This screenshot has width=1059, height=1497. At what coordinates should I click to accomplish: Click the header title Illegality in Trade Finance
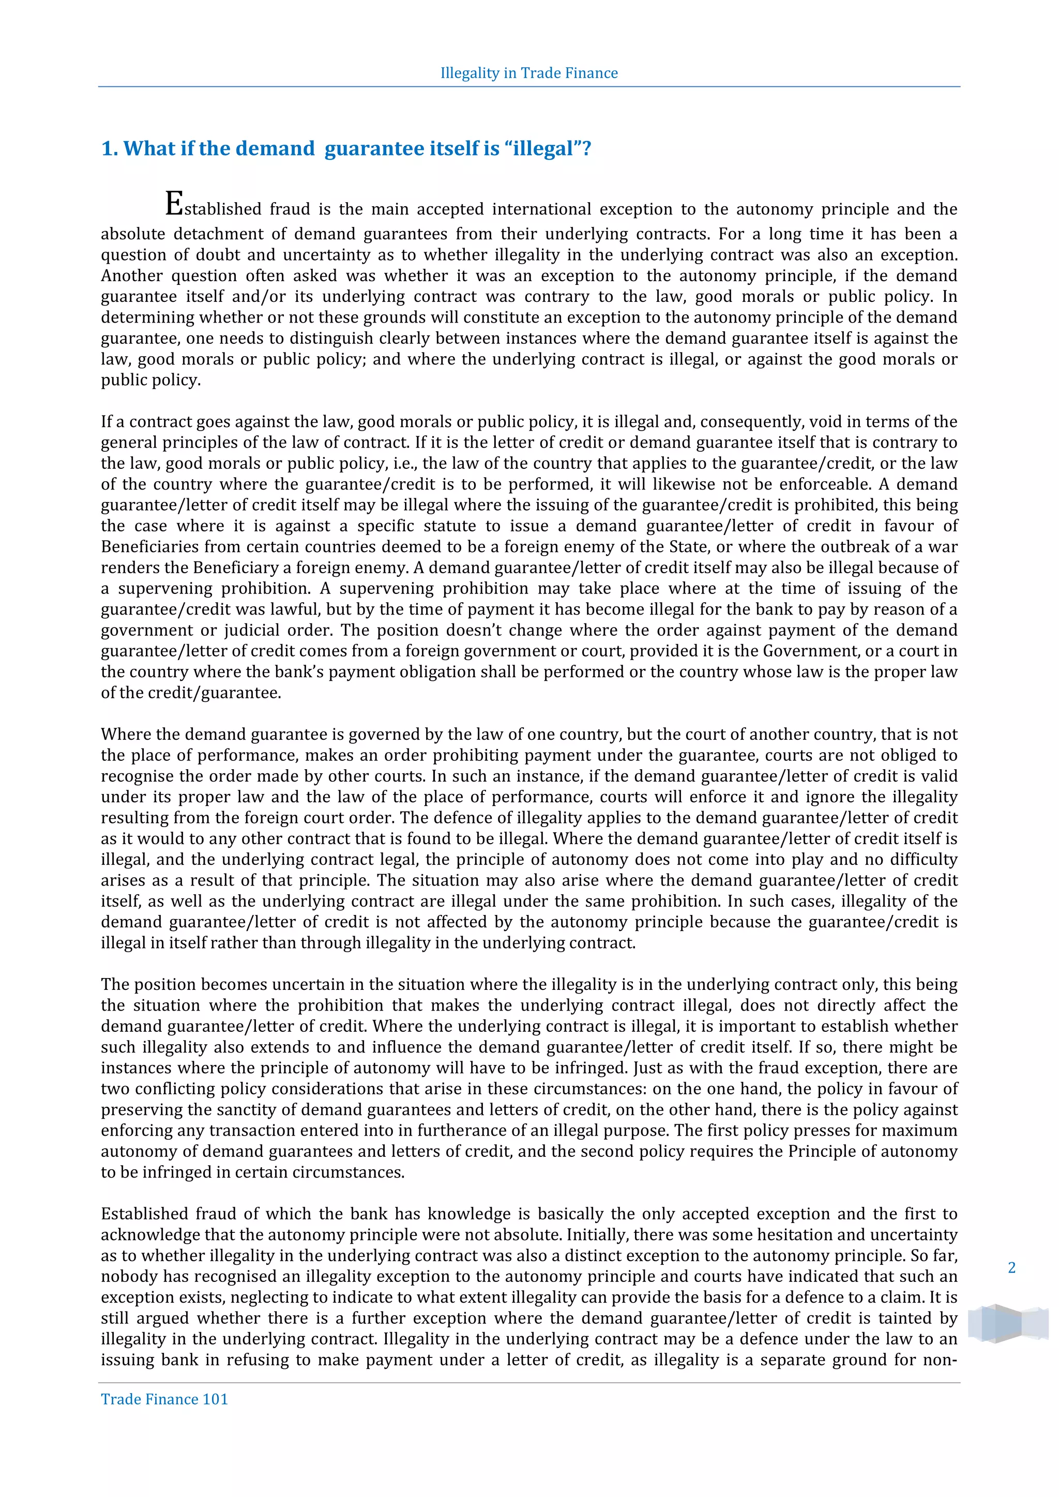pos(529,73)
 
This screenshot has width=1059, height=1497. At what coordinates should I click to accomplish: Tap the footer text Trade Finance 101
pos(164,1399)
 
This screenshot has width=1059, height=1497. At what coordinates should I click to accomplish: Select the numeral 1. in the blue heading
pos(110,149)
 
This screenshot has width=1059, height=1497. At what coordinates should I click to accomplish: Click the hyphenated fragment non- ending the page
pos(939,1360)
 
